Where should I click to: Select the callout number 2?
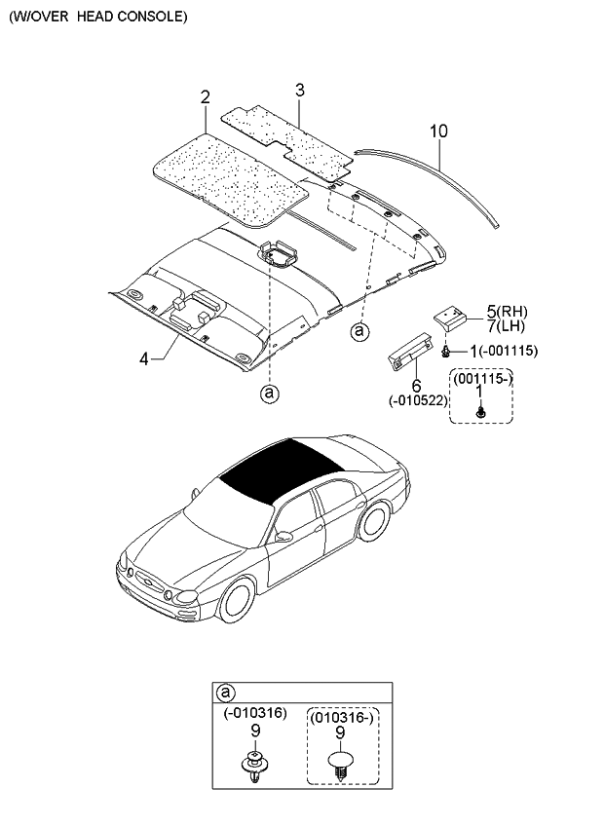[x=206, y=96]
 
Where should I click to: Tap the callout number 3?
[x=300, y=91]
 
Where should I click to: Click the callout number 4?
[x=144, y=358]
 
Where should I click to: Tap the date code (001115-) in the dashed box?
[x=479, y=377]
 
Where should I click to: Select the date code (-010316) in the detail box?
[x=254, y=714]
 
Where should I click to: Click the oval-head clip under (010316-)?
[x=341, y=761]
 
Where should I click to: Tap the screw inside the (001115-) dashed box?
[x=479, y=413]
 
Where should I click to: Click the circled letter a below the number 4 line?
[x=269, y=394]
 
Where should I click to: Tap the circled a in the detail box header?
[x=225, y=694]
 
